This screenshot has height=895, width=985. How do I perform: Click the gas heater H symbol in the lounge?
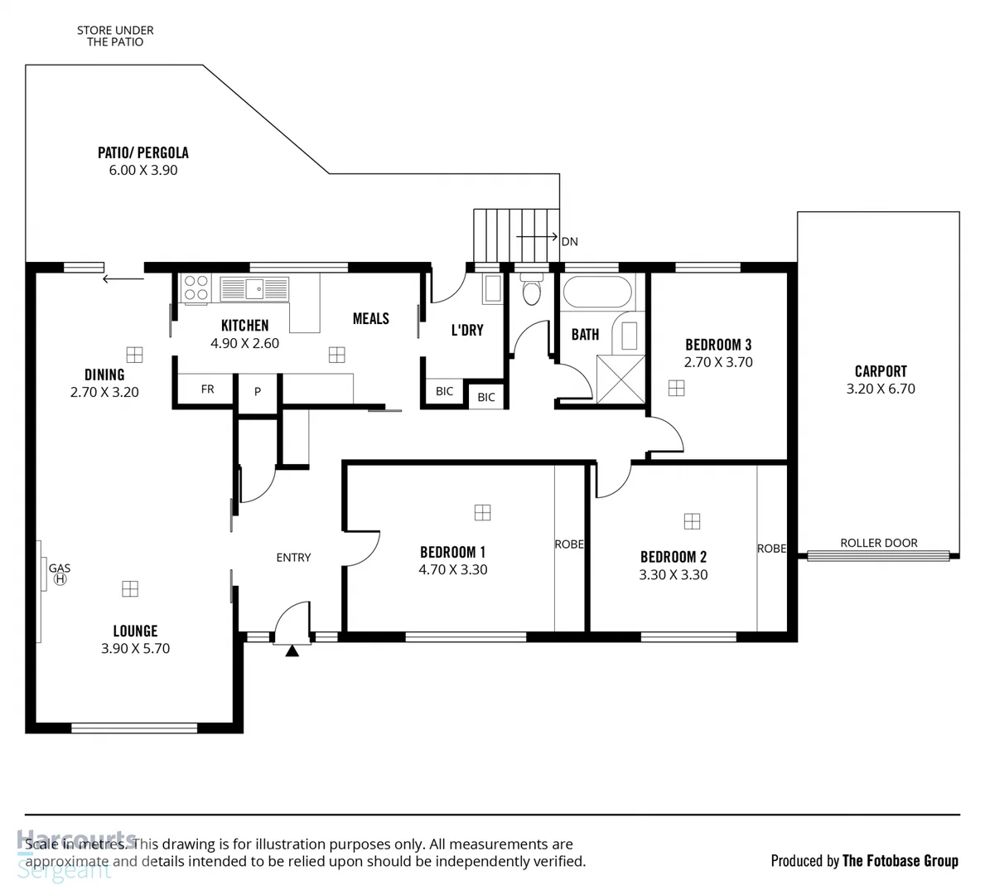(60, 579)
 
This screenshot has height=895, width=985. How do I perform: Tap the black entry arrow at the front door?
(292, 651)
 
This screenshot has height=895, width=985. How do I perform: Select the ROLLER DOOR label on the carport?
(879, 543)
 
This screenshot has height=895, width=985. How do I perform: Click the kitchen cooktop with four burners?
(196, 288)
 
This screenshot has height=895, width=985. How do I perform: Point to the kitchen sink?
(254, 289)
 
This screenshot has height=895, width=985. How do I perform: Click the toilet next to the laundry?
(531, 292)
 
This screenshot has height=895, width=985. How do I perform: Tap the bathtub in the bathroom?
(596, 292)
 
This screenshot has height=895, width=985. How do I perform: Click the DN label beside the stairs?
(569, 242)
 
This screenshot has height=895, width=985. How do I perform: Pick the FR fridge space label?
(207, 389)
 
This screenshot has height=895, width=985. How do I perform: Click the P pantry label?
(258, 391)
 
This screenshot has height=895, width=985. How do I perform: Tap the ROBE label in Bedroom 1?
(568, 544)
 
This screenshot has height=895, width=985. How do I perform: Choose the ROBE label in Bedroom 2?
(771, 549)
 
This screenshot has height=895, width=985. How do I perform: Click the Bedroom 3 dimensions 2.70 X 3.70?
(718, 362)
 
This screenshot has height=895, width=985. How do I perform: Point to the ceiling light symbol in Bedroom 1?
(482, 513)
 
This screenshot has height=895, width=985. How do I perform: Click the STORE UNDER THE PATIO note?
(115, 36)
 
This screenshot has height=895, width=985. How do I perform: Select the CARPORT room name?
(881, 371)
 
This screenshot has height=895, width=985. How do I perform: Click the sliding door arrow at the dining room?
(123, 279)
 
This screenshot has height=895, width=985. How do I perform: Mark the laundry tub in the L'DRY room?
(492, 288)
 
